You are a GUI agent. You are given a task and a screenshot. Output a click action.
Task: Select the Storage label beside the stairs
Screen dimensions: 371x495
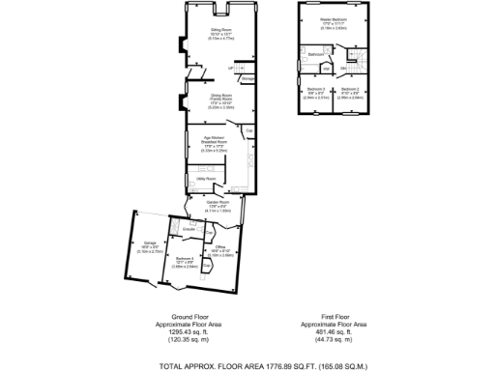(x=247, y=77)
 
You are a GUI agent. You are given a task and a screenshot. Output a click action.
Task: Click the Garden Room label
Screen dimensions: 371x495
(x=218, y=202)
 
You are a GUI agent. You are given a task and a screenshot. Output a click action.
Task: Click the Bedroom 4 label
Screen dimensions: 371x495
(x=186, y=257)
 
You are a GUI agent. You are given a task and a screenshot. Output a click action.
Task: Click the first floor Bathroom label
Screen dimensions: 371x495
(x=315, y=56)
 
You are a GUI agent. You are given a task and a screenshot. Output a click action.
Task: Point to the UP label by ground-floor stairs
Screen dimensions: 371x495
(x=231, y=69)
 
